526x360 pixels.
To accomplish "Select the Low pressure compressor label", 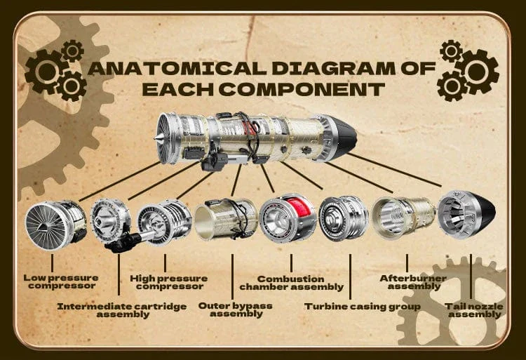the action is (x=61, y=282).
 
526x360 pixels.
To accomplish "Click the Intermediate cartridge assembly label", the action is (x=122, y=310).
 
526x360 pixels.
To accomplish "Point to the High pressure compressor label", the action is (x=169, y=282).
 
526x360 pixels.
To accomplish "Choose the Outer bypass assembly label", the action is (x=236, y=309).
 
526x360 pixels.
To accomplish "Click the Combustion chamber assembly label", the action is (x=292, y=283).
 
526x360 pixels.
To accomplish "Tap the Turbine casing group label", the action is (x=363, y=307).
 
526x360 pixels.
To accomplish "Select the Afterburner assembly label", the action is (x=413, y=282).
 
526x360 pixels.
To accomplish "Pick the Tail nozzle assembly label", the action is (x=474, y=310).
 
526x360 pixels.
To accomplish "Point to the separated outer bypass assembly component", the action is (x=226, y=219).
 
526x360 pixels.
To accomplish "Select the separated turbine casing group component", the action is (x=343, y=218).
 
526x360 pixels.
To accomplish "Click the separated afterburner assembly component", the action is (x=403, y=217).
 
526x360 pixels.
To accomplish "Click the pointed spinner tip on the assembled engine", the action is (x=156, y=138).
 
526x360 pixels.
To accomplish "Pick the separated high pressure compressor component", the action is (x=164, y=222).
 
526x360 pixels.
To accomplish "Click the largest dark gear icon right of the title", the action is (x=477, y=72).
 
